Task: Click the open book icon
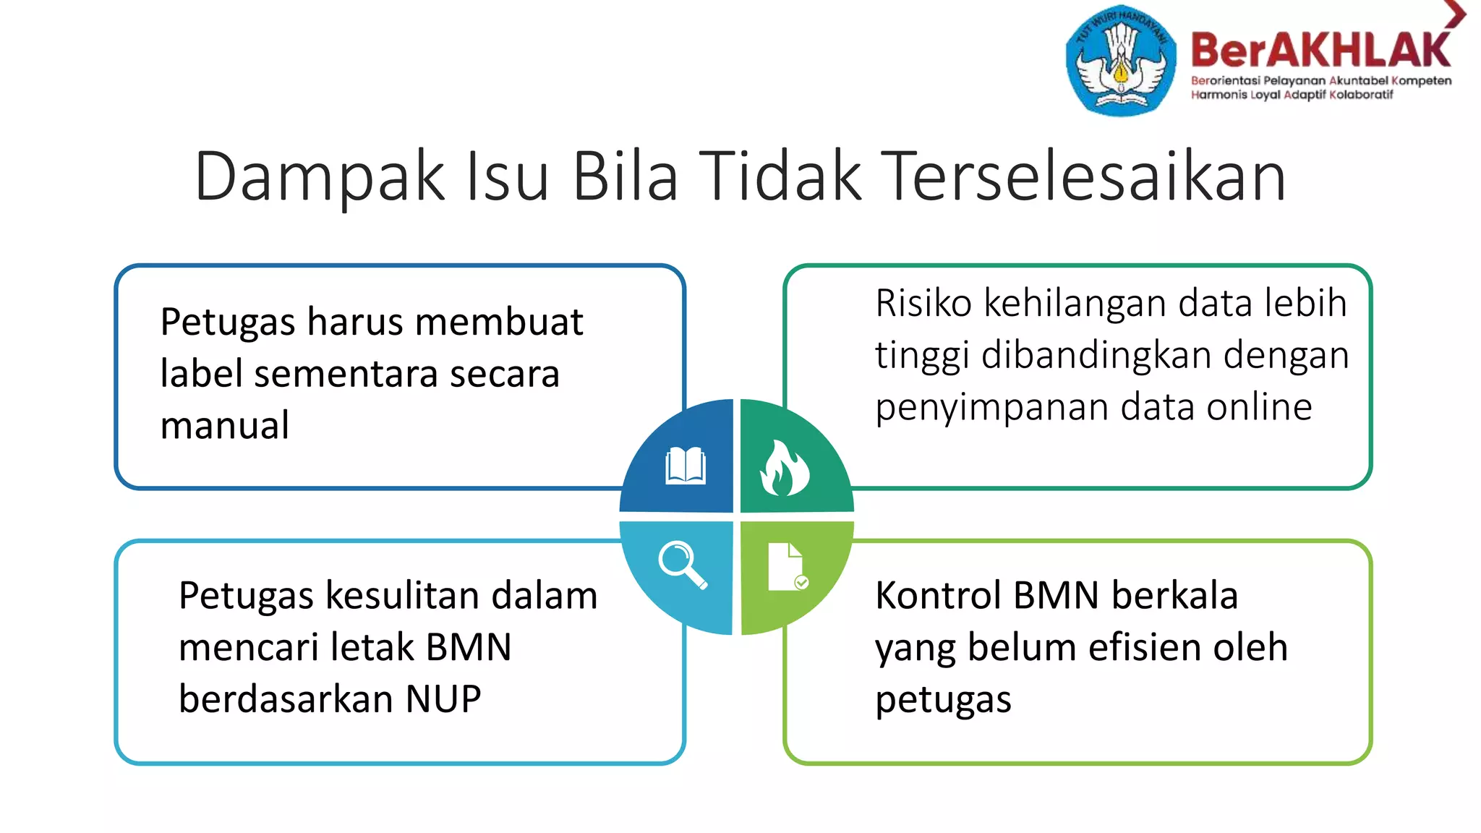click(x=685, y=466)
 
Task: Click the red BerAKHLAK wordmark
click(x=1320, y=51)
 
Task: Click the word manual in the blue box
click(x=225, y=425)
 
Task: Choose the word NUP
click(x=443, y=699)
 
